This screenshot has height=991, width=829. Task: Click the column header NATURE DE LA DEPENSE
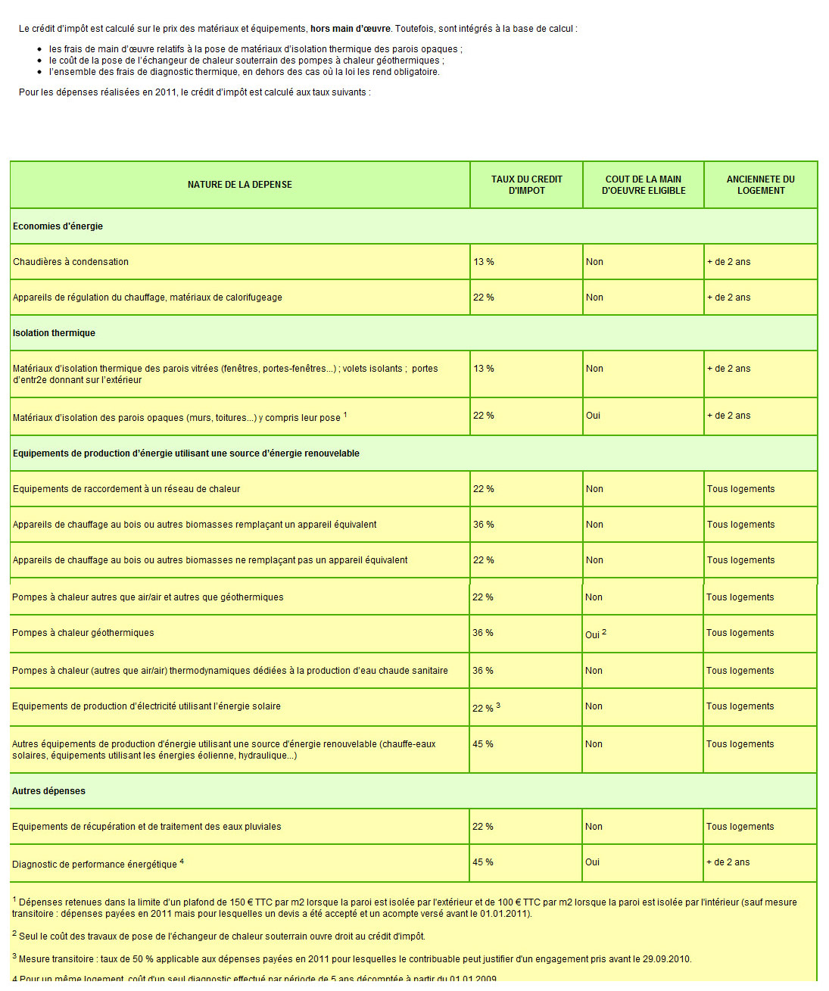click(239, 185)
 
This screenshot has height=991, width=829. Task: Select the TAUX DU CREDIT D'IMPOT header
click(526, 185)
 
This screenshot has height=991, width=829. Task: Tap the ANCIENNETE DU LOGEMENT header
click(760, 185)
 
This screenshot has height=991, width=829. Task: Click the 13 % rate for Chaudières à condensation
click(484, 262)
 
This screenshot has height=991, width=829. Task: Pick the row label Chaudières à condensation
click(70, 262)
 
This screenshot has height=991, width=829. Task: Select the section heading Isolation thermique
click(54, 333)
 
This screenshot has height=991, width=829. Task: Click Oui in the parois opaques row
click(593, 416)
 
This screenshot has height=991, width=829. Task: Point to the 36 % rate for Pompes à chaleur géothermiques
click(483, 633)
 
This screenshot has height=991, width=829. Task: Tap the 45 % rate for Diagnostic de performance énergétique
click(483, 862)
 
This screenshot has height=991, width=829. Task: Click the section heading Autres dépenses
click(48, 791)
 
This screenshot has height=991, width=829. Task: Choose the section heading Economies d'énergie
click(58, 226)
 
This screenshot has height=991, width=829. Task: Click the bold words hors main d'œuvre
click(351, 29)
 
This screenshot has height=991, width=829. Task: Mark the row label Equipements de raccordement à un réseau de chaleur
click(126, 489)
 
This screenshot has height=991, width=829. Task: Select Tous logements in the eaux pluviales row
click(740, 827)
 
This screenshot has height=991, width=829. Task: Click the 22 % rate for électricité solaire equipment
click(483, 708)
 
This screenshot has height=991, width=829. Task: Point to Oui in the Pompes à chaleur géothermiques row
click(592, 634)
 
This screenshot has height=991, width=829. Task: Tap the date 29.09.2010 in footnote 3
click(666, 959)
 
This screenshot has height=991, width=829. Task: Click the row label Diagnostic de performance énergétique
click(95, 865)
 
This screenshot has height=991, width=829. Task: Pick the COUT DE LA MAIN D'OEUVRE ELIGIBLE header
click(644, 185)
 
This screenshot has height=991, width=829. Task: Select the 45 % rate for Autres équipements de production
click(483, 744)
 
